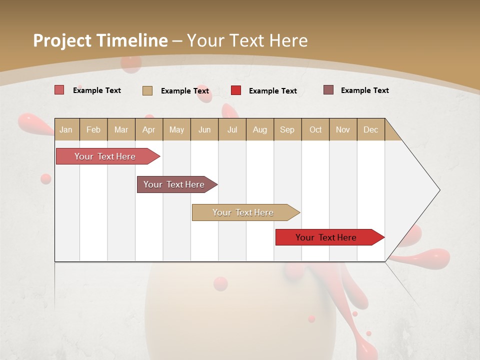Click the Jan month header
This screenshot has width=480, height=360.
point(66,130)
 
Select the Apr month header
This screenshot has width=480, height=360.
point(148,130)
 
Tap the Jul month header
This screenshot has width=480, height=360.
point(232,130)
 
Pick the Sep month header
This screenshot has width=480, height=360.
point(287,130)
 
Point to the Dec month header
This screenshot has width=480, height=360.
point(370,130)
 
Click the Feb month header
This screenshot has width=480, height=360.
point(93,130)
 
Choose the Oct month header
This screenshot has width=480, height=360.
point(315,130)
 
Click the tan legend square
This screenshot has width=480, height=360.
point(147,90)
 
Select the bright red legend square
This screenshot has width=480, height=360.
point(236,90)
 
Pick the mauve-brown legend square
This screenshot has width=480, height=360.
point(328,90)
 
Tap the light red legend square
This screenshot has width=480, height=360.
point(59,90)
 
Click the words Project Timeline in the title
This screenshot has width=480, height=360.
point(100,40)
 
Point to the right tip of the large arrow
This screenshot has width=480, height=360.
point(439,190)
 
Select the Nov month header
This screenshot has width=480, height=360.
point(343,130)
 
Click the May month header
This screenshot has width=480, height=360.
point(176,130)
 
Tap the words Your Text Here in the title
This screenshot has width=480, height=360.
point(247,40)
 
